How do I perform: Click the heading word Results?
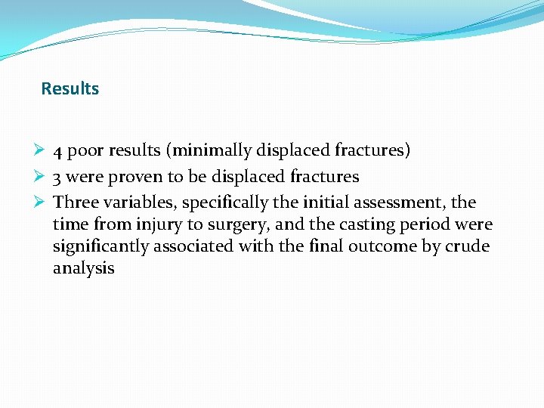pos(70,89)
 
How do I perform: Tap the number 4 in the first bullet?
pos(58,151)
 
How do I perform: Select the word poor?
pos(85,151)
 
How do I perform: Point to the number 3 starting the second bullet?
pos(57,178)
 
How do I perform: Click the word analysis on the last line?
pos(83,268)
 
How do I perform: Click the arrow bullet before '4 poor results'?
pos(44,151)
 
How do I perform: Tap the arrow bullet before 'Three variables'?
pos(44,202)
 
